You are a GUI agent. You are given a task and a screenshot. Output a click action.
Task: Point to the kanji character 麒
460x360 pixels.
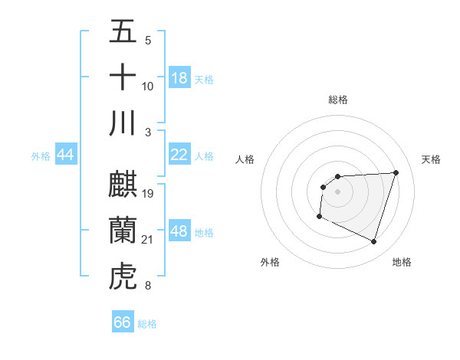tap(123, 184)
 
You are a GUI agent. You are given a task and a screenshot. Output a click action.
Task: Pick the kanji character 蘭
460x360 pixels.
tap(123, 230)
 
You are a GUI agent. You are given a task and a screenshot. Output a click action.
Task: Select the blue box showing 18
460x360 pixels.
tap(179, 78)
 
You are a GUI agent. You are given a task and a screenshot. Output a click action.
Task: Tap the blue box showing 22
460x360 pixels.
tap(179, 155)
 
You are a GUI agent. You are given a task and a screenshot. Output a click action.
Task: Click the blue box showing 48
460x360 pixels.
tap(179, 231)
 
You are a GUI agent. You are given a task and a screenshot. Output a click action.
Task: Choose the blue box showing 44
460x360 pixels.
tap(66, 155)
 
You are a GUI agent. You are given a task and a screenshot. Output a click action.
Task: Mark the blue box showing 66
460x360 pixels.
tap(123, 322)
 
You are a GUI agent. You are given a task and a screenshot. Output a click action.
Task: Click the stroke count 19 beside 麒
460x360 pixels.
tap(149, 193)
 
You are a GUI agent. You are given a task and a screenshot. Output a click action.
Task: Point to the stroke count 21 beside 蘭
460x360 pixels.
tap(148, 241)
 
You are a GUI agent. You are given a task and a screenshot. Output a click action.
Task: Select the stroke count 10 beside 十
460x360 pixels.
tap(148, 87)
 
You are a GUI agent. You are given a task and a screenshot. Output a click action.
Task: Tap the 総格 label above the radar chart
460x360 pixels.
tap(338, 100)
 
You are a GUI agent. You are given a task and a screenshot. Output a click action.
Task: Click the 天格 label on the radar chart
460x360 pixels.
tap(432, 159)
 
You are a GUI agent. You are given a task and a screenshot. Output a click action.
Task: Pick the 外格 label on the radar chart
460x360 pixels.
tap(270, 262)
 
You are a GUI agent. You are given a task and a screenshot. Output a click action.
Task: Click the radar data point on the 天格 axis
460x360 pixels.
tap(396, 172)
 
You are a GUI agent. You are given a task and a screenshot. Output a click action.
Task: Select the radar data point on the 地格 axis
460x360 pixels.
tap(374, 242)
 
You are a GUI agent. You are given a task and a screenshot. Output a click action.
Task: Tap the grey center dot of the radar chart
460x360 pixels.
tap(338, 191)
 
